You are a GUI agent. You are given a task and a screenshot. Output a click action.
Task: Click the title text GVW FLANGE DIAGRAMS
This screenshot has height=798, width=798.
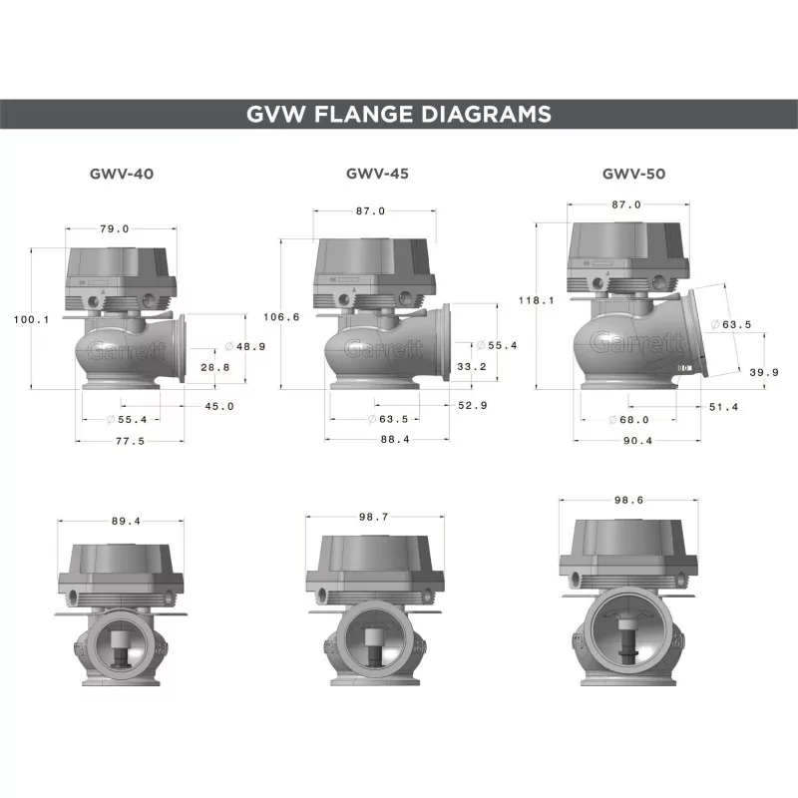tap(399, 114)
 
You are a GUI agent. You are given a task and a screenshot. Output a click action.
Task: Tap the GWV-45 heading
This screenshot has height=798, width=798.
tap(377, 173)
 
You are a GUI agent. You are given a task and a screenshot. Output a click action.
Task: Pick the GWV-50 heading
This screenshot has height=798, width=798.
tap(633, 173)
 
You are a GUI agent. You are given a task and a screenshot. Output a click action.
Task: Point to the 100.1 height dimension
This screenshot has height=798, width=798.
tap(32, 319)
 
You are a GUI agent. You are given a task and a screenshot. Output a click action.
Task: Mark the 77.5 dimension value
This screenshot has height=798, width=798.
tap(129, 440)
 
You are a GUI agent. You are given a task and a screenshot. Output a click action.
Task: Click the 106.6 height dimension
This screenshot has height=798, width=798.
tap(280, 317)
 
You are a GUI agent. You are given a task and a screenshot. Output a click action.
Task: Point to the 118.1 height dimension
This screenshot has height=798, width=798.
tap(537, 299)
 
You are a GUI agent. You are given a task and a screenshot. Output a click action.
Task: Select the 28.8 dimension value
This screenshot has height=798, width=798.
tap(213, 367)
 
